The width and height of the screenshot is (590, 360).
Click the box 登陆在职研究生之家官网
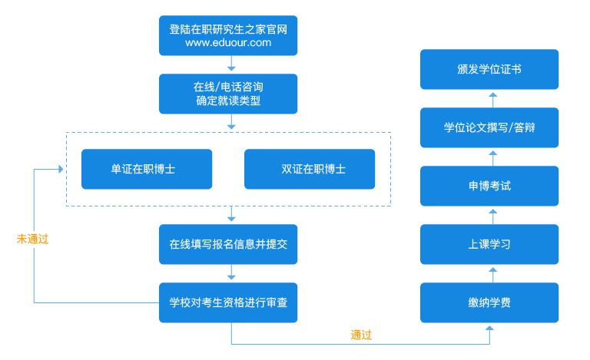tap(228, 35)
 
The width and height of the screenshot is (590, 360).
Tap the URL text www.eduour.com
tap(228, 44)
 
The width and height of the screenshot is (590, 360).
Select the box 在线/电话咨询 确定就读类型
tap(228, 93)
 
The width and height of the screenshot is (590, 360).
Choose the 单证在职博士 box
tap(147, 169)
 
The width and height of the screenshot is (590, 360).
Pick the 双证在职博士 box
tap(310, 169)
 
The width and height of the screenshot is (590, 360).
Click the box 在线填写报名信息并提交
tap(228, 244)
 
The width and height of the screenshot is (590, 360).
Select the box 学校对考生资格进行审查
tap(228, 302)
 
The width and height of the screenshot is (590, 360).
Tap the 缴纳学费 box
tap(489, 302)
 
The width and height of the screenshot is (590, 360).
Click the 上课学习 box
tap(489, 244)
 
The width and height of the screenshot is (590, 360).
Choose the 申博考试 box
tap(489, 186)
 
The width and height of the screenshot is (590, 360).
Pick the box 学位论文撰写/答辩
tap(489, 127)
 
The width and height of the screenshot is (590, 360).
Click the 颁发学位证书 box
tap(489, 69)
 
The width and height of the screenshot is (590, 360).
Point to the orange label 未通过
tap(32, 239)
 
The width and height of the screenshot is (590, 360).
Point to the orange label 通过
tap(361, 335)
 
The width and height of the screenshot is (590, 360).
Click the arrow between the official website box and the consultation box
tap(230, 64)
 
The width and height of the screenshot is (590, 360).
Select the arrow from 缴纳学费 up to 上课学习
tap(492, 272)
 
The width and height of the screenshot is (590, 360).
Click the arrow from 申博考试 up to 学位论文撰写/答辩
tap(492, 157)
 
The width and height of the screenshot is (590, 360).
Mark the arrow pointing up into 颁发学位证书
tap(492, 98)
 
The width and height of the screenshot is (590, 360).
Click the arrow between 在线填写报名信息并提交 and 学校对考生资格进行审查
tap(230, 273)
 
